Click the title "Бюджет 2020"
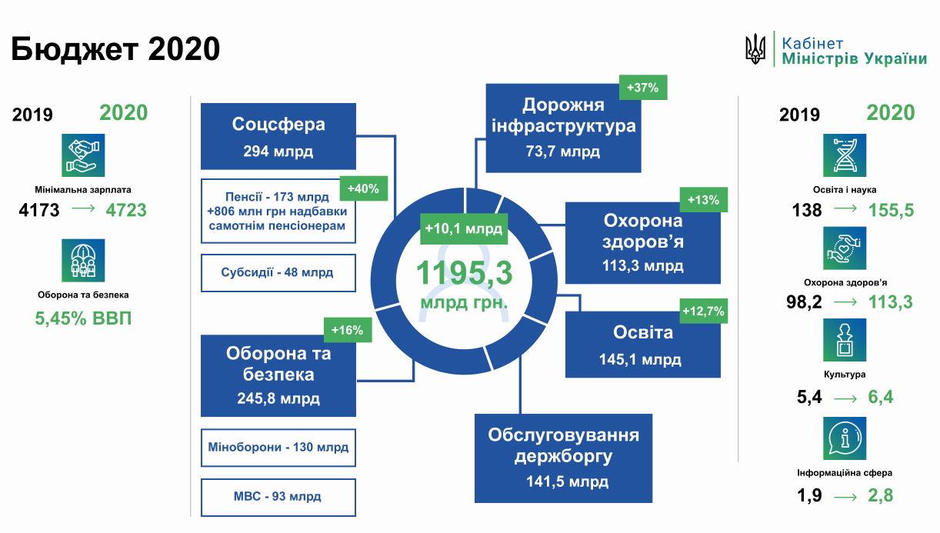click(x=115, y=48)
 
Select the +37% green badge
click(x=642, y=88)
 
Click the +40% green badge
click(x=363, y=188)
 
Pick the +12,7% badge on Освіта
click(x=702, y=311)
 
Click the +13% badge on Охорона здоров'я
click(x=702, y=200)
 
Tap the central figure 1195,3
click(x=465, y=274)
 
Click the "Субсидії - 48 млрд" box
click(x=278, y=273)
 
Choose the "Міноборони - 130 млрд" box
click(x=278, y=447)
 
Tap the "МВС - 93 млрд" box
click(x=278, y=497)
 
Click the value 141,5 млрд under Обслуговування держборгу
click(x=563, y=482)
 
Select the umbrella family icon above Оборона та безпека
click(x=84, y=260)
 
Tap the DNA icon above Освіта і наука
click(x=845, y=155)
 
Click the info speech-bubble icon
click(x=845, y=439)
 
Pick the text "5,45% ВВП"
click(x=84, y=318)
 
